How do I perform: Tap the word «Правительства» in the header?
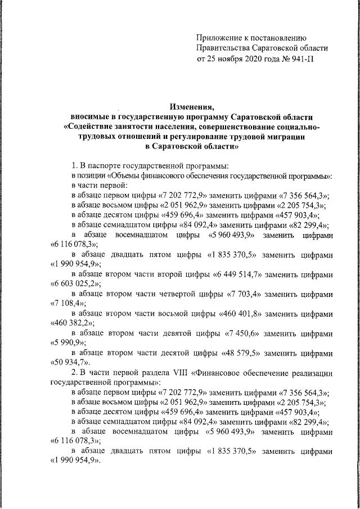[x=224, y=48]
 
